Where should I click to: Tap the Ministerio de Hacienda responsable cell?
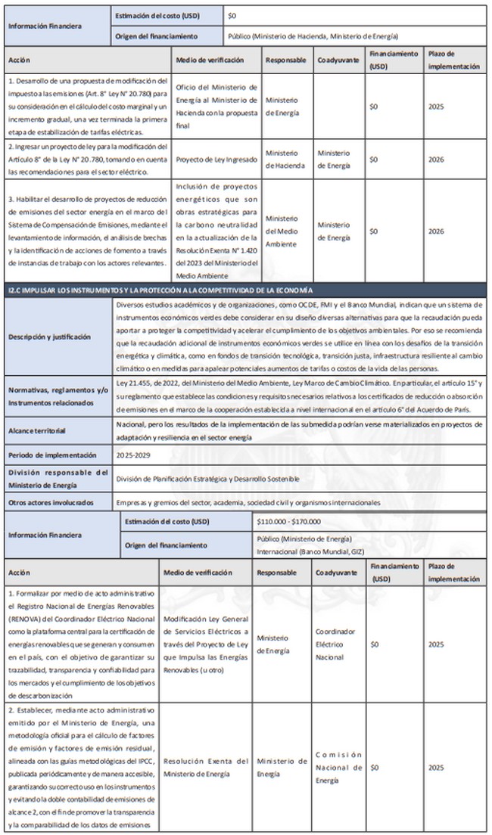(x=285, y=160)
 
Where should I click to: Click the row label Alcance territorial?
(x=35, y=430)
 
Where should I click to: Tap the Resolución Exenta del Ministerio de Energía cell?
(x=205, y=767)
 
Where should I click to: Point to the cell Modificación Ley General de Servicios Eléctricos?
(x=205, y=644)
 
